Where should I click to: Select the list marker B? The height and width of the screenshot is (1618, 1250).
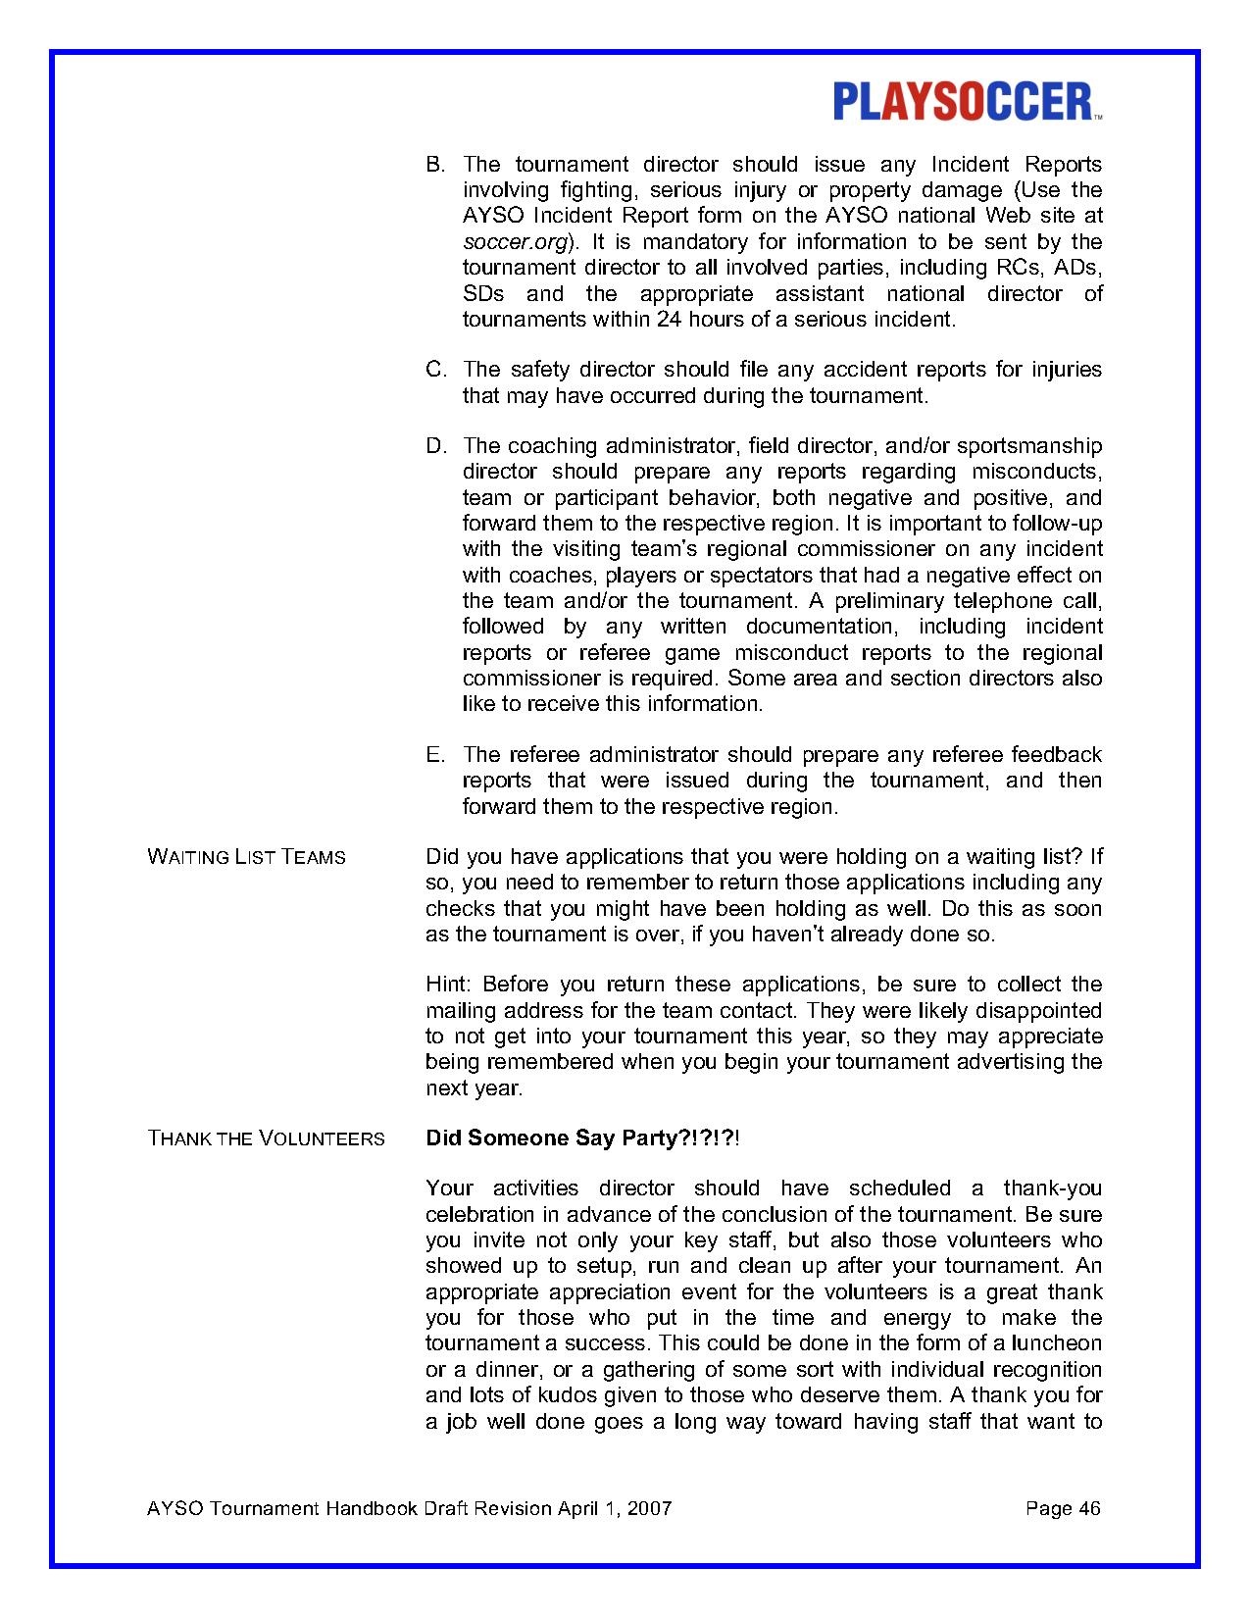tap(435, 165)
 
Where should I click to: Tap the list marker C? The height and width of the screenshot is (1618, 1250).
tap(435, 370)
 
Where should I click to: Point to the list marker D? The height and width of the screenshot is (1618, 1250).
tap(435, 447)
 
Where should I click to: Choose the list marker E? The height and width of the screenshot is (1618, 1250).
tap(435, 755)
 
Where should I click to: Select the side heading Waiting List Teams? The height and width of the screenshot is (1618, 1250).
tap(246, 857)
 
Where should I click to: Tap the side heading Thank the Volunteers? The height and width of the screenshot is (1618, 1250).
tap(266, 1138)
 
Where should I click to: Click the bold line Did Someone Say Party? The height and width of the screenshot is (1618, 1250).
tap(582, 1138)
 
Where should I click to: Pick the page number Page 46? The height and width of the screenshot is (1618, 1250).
tap(1063, 1508)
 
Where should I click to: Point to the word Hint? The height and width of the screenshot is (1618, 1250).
tap(448, 985)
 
